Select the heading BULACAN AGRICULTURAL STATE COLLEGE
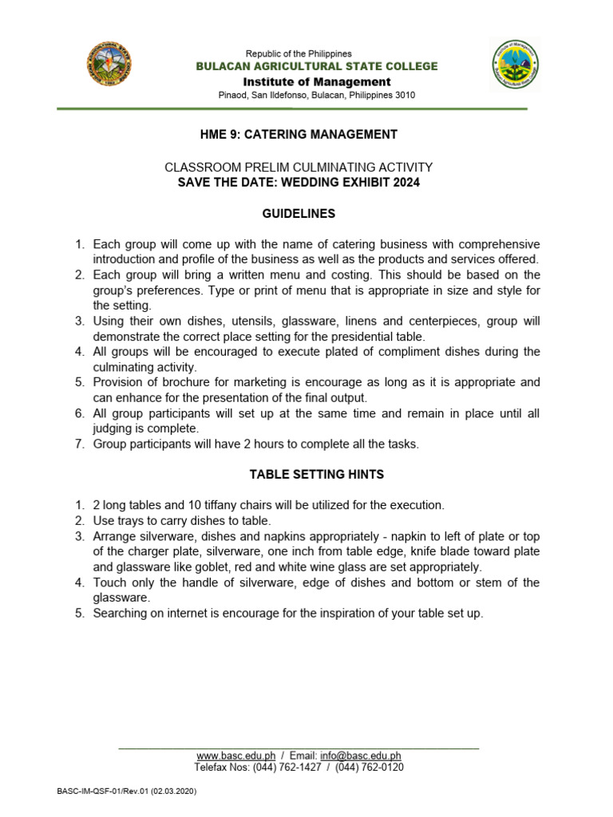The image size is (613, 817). [317, 66]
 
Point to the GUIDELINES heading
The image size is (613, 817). [299, 214]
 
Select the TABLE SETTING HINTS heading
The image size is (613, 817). [317, 474]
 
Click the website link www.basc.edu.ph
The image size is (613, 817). [235, 756]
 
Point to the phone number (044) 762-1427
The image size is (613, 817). [287, 768]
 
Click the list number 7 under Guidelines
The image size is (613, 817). [80, 444]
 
